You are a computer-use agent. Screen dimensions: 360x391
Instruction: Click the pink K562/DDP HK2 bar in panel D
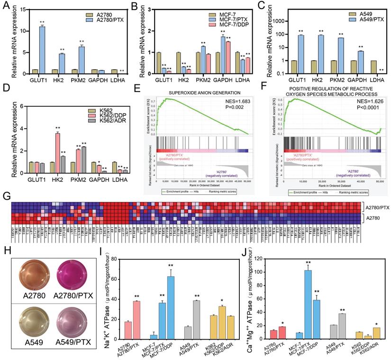pos(58,150)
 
